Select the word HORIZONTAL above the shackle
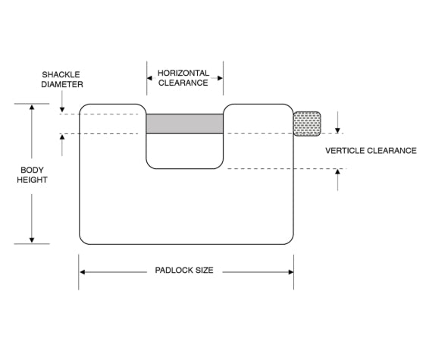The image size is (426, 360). coord(183,74)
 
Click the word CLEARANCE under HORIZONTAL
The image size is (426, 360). coord(183,83)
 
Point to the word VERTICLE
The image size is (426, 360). coord(347,150)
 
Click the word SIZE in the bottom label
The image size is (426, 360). coord(203,270)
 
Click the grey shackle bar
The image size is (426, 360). coord(184,124)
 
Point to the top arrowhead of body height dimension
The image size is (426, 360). coord(32,108)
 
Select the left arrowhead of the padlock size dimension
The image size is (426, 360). coord(83,271)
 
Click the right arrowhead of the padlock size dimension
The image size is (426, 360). coord(290,271)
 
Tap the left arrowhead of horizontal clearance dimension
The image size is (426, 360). coord(150,78)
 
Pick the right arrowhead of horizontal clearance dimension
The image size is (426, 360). coord(220,78)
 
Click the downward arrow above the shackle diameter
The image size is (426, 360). coord(62,108)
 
